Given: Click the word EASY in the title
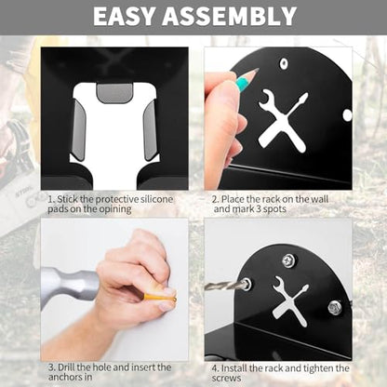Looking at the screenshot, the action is [x=125, y=16].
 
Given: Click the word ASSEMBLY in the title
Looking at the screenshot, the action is [x=230, y=16].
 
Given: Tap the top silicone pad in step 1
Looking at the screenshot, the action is [x=114, y=93].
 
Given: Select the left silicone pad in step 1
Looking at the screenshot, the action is [x=78, y=130].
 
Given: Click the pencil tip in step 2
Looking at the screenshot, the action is [x=257, y=70].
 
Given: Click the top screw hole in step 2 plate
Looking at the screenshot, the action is [x=284, y=63].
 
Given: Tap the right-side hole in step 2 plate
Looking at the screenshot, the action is [x=348, y=115].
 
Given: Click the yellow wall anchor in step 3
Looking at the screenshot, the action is [x=160, y=298].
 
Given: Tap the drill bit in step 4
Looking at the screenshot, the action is [x=225, y=285].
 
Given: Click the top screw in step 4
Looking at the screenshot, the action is [x=289, y=260].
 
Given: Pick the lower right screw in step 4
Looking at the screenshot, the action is [x=335, y=307].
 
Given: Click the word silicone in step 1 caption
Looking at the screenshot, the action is [x=156, y=199].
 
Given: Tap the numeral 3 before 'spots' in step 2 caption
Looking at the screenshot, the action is [x=260, y=208].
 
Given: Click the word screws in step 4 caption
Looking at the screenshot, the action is [x=227, y=379].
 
